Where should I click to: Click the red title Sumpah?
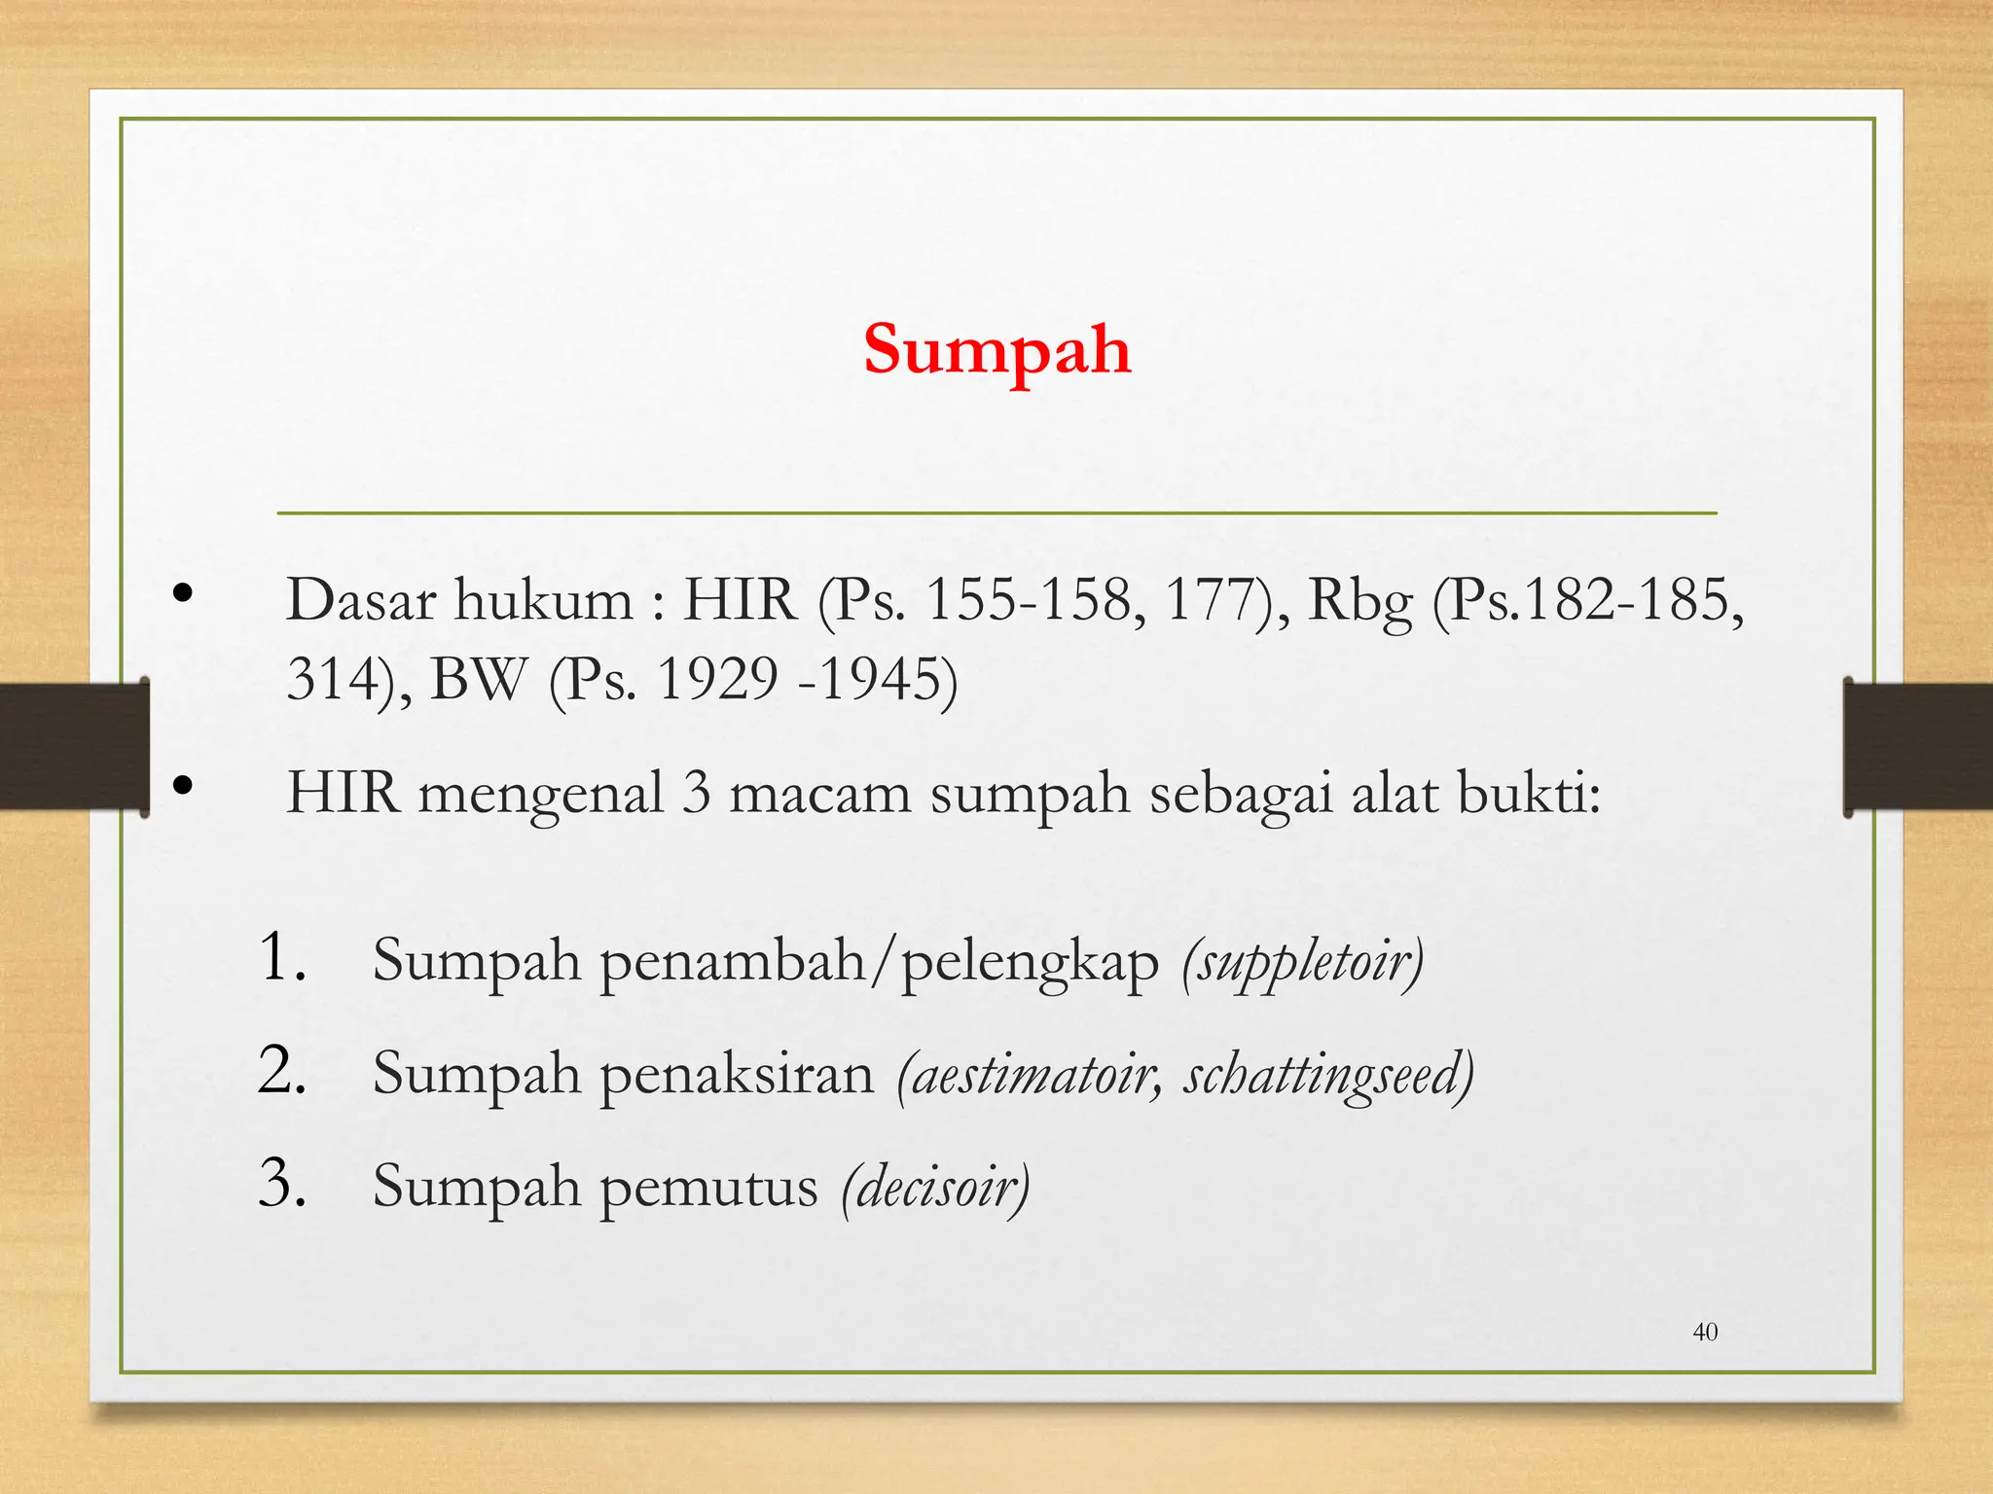(996, 350)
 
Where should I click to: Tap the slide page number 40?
(1705, 1332)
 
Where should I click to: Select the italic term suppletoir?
(1303, 962)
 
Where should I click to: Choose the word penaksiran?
(737, 1075)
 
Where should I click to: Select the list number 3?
(281, 1185)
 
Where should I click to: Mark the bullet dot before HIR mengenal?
(182, 786)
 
